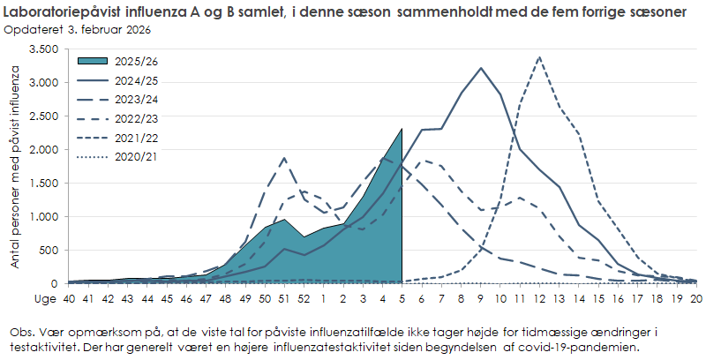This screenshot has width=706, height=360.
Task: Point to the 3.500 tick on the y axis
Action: coord(44,49)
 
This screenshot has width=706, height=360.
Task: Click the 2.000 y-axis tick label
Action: coord(44,150)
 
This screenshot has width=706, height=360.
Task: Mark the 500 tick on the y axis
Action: coord(49,251)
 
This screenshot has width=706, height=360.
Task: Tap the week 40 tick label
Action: coord(69,298)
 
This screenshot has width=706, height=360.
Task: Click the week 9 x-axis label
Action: coord(480,298)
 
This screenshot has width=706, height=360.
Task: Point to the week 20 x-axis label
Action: coord(695,298)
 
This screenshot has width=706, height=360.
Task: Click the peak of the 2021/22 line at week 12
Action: coord(539,57)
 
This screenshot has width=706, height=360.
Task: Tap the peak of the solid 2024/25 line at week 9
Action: coord(481,68)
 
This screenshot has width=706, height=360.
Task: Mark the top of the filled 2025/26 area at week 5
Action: coord(402,129)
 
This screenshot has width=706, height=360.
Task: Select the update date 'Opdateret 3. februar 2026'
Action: coord(77,30)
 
